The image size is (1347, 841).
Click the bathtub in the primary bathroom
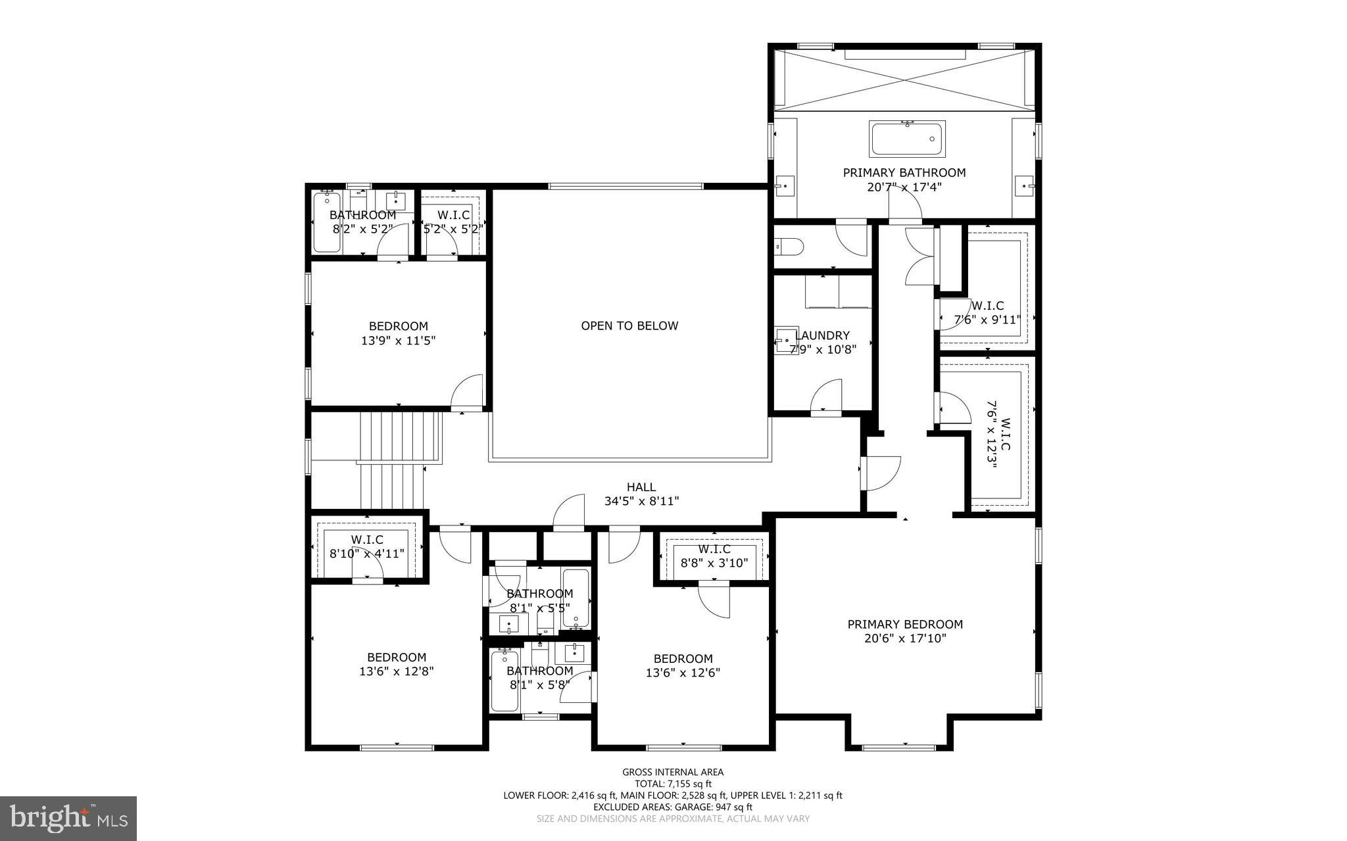tap(908, 139)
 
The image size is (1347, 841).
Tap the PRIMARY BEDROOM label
tap(905, 624)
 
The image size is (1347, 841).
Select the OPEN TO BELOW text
tap(629, 325)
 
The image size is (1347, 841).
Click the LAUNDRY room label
tap(822, 335)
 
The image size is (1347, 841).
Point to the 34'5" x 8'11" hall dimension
tap(641, 501)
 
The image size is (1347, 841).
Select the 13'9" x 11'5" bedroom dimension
tap(399, 341)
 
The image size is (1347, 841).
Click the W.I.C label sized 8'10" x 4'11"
tap(366, 540)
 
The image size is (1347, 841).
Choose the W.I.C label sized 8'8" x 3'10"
tap(714, 549)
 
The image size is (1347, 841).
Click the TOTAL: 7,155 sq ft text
tap(673, 784)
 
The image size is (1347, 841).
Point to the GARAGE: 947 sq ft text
tap(710, 807)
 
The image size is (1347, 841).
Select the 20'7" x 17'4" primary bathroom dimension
tap(904, 187)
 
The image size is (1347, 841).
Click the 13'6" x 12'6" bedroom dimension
tap(683, 673)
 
